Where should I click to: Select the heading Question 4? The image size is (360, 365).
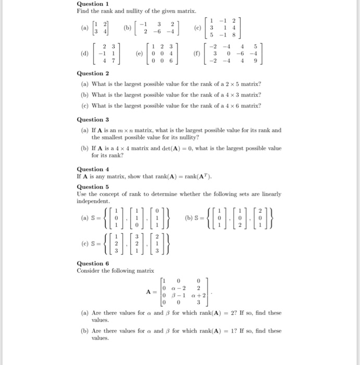coord(93,169)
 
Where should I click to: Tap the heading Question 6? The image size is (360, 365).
coord(93,263)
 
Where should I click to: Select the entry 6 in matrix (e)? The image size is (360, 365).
coord(171,60)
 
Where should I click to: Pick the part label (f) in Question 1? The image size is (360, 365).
coord(196,53)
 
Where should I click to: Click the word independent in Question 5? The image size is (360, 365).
coord(93,201)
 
